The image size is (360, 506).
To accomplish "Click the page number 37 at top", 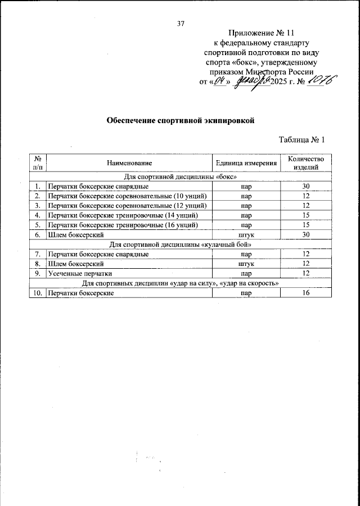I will (x=181, y=23).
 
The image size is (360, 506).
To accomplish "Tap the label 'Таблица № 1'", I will (x=302, y=140).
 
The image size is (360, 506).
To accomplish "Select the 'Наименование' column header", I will (x=127, y=163).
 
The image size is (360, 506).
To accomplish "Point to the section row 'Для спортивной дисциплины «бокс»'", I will (x=181, y=177).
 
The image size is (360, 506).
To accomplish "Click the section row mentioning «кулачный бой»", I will (x=181, y=245).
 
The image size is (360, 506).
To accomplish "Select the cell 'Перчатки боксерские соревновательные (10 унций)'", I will (x=127, y=196).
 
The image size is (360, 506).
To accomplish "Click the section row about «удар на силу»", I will (x=181, y=283).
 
